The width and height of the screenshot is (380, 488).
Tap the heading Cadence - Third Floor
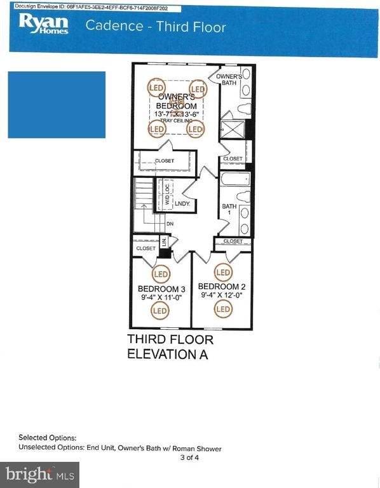click(x=156, y=27)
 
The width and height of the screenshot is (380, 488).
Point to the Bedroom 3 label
click(x=161, y=289)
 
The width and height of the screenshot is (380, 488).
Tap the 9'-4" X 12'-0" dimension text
click(x=221, y=295)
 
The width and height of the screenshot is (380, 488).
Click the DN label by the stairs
click(x=170, y=224)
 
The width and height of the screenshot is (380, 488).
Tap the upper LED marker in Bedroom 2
click(x=223, y=273)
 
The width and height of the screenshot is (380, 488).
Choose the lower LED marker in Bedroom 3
click(x=159, y=311)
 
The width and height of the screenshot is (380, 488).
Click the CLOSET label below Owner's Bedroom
click(x=164, y=161)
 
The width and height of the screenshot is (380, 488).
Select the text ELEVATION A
click(x=167, y=355)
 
